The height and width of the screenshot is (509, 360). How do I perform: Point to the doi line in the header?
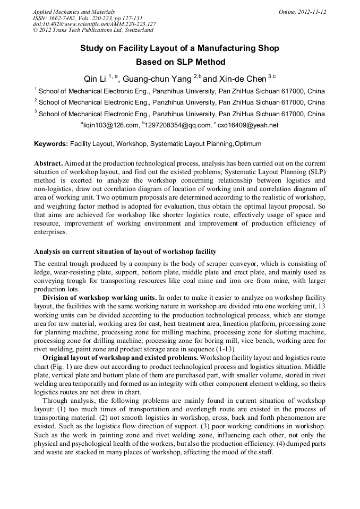coord(94,24)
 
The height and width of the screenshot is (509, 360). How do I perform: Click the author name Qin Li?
coord(95,79)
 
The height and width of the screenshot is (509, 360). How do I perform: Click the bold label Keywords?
coord(51,144)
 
